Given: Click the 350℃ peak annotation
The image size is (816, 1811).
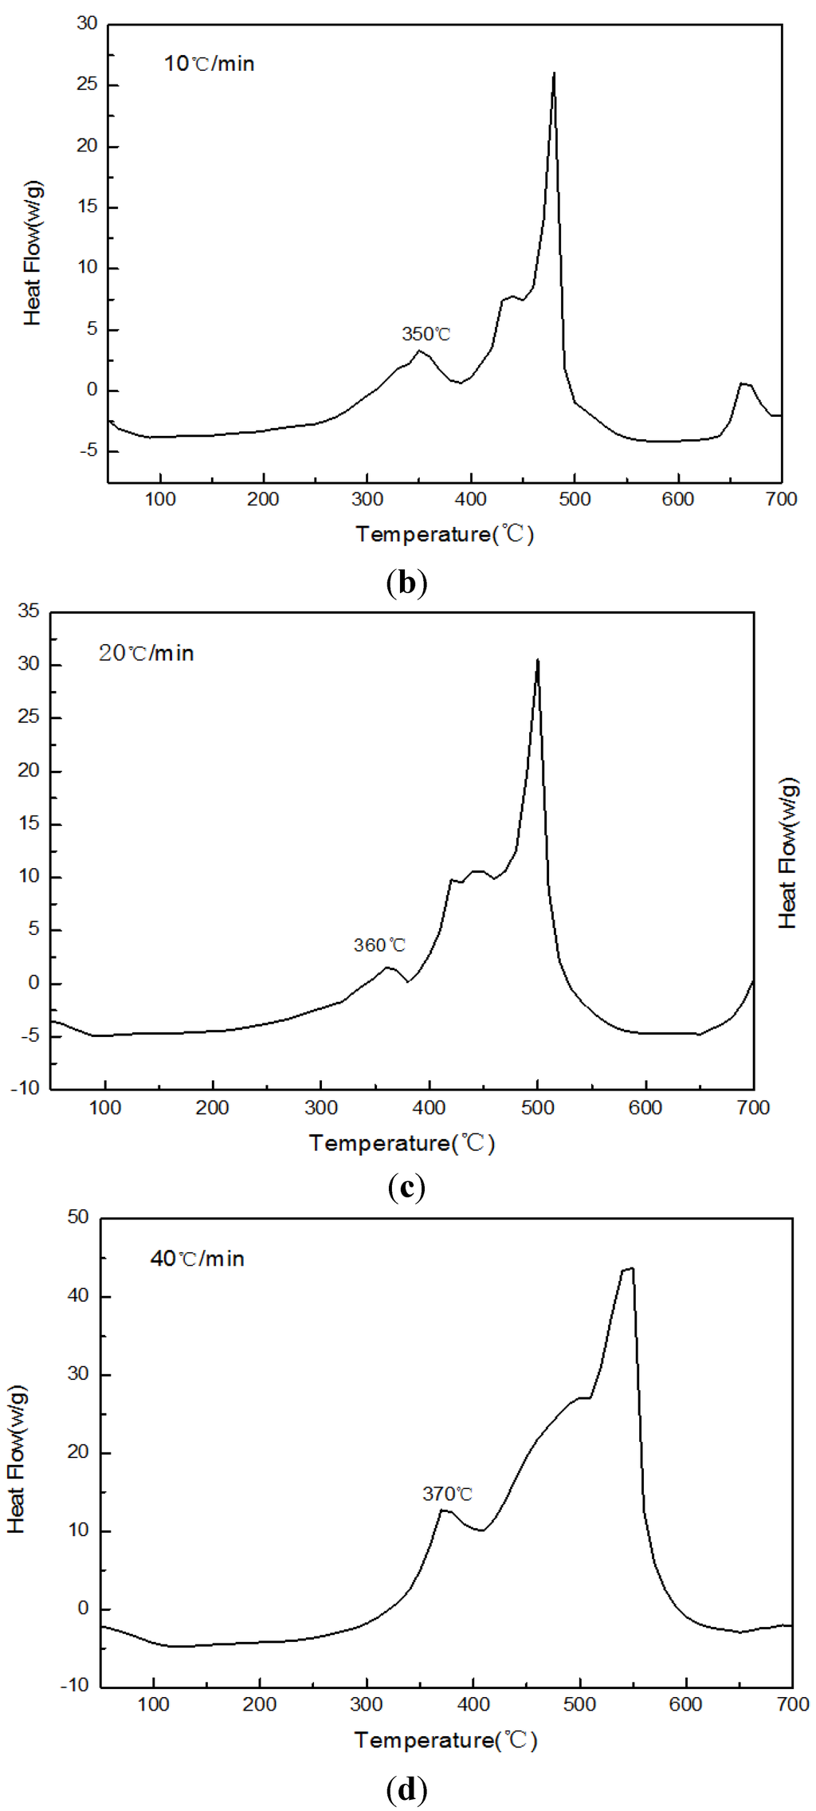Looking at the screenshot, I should pyautogui.click(x=426, y=334).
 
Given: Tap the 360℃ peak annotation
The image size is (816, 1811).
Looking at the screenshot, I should pyautogui.click(x=379, y=945).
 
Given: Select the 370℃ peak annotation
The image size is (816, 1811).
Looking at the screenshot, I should pyautogui.click(x=447, y=1494).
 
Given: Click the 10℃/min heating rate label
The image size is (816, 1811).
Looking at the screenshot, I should pyautogui.click(x=209, y=64).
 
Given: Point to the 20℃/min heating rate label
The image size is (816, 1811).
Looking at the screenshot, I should pyautogui.click(x=146, y=654).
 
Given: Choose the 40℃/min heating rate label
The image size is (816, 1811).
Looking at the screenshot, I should pyautogui.click(x=197, y=1259).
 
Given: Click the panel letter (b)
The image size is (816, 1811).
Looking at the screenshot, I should pyautogui.click(x=406, y=583).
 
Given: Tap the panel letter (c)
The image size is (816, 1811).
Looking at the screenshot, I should pyautogui.click(x=406, y=1187).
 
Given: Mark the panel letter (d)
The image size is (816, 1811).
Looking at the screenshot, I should pyautogui.click(x=406, y=1789).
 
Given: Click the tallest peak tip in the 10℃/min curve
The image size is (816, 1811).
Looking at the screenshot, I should pyautogui.click(x=554, y=73).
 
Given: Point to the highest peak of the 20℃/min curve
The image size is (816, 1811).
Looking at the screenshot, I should pyautogui.click(x=538, y=660).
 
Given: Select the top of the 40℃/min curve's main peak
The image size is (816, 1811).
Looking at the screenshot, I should pyautogui.click(x=630, y=1268).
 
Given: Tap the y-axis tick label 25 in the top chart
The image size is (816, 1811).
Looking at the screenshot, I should pyautogui.click(x=87, y=84).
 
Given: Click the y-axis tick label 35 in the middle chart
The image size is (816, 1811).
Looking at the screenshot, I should pyautogui.click(x=29, y=611).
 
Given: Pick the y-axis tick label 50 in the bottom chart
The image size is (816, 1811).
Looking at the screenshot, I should pyautogui.click(x=78, y=1217).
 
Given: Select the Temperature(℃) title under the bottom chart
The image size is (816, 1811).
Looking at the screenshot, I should pyautogui.click(x=445, y=1739).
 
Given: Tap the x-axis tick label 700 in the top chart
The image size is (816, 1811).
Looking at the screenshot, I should pyautogui.click(x=781, y=500).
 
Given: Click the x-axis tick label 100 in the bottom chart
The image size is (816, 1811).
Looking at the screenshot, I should pyautogui.click(x=154, y=1704).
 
